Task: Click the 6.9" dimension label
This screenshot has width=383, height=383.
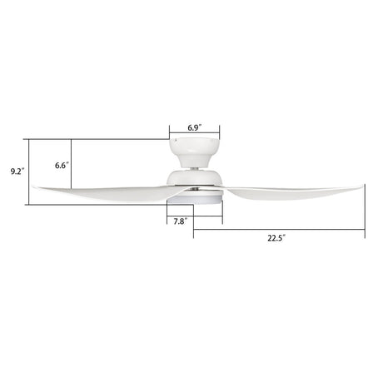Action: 195,127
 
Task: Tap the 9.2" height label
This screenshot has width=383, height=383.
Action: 17,172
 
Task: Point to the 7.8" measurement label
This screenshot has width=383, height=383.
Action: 179,221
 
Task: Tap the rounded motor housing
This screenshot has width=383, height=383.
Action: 195,180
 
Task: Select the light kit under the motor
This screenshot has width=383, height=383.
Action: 195,201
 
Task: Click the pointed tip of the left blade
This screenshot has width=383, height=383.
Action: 35,188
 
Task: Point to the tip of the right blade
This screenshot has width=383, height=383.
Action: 362,187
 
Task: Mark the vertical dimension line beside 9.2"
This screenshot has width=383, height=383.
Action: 28,172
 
